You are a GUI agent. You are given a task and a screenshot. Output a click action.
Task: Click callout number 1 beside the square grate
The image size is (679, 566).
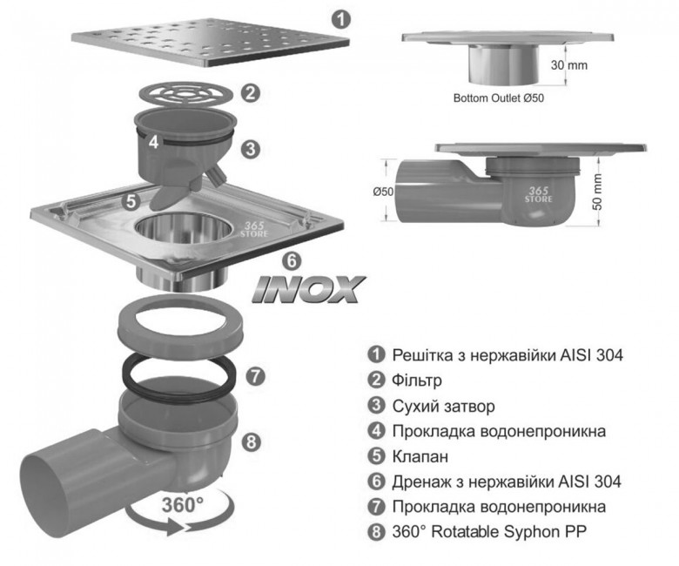click(x=341, y=20)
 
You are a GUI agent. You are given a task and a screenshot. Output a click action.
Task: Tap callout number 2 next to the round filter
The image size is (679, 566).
click(x=251, y=92)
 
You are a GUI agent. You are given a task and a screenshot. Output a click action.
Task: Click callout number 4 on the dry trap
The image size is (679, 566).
click(x=154, y=142)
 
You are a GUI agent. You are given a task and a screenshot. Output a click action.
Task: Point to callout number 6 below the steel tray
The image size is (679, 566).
click(x=292, y=260)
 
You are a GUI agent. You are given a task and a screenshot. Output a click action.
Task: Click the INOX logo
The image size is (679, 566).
click(x=309, y=289)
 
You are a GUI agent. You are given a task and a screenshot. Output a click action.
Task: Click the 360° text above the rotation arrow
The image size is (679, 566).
click(x=182, y=505)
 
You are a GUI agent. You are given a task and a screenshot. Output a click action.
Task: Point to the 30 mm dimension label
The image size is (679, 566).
click(x=569, y=65)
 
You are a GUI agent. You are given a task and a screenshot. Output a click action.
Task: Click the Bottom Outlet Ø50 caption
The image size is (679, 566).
click(x=499, y=98)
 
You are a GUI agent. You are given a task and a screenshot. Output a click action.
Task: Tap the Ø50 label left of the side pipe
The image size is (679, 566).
click(x=383, y=191)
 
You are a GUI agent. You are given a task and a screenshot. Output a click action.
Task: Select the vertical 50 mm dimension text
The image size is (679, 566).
click(x=597, y=192)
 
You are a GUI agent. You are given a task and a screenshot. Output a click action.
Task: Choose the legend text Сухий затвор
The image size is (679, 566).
click(x=443, y=406)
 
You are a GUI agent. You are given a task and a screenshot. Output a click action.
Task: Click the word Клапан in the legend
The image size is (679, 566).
click(x=420, y=456)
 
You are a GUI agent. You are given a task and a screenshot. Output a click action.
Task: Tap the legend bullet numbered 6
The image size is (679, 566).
click(x=376, y=482)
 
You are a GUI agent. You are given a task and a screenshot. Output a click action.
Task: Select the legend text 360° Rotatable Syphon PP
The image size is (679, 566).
click(x=490, y=531)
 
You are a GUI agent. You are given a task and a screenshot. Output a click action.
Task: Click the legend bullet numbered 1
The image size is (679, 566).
click(x=376, y=354)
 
